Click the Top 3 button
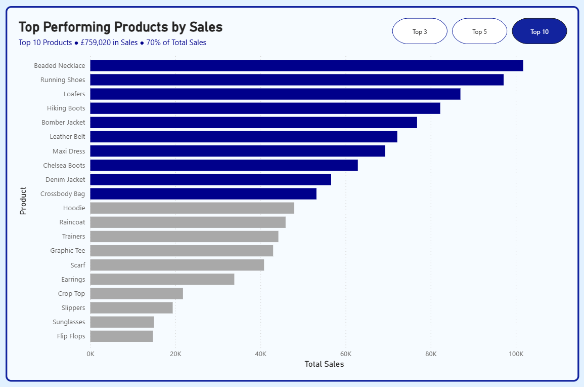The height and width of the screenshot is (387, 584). coord(420,31)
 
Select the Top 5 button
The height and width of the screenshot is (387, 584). coord(479,31)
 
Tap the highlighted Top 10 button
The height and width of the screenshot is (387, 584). coord(539,31)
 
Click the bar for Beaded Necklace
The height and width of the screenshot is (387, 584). coord(306,65)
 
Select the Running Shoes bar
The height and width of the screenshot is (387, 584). coord(297,80)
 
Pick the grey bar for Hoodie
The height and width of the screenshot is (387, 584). coord(192,208)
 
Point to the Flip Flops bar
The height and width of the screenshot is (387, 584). coord(121,336)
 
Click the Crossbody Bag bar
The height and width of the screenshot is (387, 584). coord(203,193)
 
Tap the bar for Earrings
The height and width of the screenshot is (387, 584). coord(162,279)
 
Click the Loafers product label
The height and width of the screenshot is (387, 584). coord(74,94)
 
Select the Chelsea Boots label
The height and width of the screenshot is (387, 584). coord(64,165)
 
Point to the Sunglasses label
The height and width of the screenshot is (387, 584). coord(69,322)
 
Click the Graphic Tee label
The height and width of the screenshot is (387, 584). coord(68,251)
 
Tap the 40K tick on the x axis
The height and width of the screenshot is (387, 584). coord(260,354)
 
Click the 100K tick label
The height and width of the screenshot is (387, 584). coord(516,354)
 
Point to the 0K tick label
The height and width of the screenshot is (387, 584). coord(91,354)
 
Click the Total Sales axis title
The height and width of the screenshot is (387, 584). coord(324,364)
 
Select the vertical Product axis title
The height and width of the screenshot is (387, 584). coord(23,201)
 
